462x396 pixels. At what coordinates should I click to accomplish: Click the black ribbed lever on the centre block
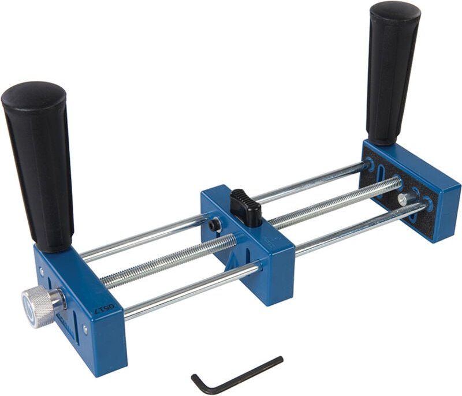pyautogui.click(x=246, y=207)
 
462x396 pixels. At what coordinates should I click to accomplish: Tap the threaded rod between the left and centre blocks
pyautogui.click(x=167, y=263)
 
